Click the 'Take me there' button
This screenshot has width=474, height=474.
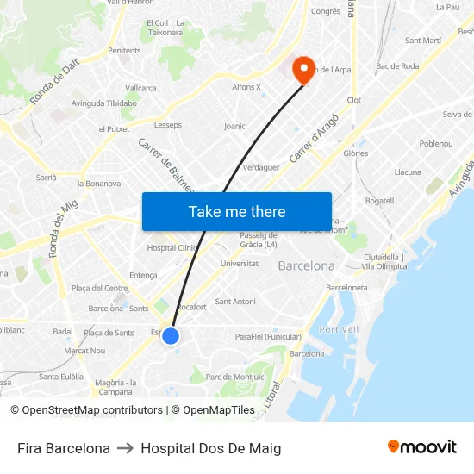(x=237, y=211)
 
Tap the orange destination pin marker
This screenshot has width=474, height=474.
(x=303, y=68)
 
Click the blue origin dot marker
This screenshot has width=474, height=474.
(x=171, y=336)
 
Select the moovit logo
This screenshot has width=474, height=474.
(x=422, y=447)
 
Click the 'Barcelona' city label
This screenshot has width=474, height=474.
(x=306, y=265)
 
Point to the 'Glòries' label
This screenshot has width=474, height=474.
(x=355, y=153)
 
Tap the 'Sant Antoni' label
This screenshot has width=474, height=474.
(x=235, y=302)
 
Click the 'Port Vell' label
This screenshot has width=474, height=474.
(x=339, y=329)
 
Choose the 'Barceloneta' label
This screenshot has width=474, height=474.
(x=347, y=288)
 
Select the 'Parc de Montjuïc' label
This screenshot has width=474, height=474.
(x=235, y=377)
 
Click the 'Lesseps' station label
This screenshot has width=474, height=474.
(x=168, y=124)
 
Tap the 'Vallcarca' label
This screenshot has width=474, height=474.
(x=140, y=88)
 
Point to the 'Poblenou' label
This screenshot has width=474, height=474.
(x=436, y=143)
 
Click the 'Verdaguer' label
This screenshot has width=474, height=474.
(x=262, y=167)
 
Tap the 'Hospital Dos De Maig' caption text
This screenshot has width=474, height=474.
(x=210, y=448)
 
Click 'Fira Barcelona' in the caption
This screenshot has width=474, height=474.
(x=64, y=448)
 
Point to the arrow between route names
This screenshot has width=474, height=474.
(x=126, y=448)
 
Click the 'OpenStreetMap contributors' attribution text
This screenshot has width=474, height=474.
(x=92, y=410)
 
